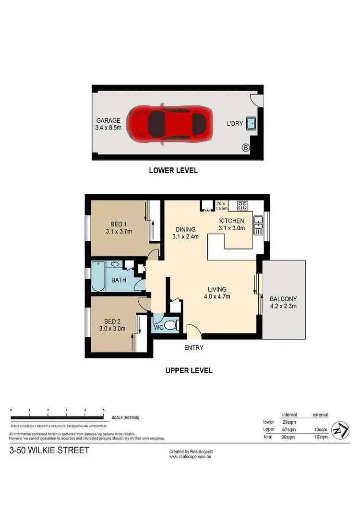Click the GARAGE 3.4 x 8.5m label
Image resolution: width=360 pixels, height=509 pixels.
click(x=110, y=124)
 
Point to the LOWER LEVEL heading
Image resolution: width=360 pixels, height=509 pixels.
click(x=173, y=170)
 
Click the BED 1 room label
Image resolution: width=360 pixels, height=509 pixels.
click(x=118, y=228)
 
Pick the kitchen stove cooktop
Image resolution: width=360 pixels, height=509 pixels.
click(x=242, y=206)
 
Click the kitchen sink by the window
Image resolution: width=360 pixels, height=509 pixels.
click(x=258, y=225)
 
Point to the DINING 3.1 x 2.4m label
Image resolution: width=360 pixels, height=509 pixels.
click(x=185, y=233)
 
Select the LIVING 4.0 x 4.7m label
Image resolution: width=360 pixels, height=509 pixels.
click(x=216, y=293)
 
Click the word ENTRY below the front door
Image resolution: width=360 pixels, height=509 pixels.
click(x=193, y=348)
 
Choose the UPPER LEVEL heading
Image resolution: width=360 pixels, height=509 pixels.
click(x=189, y=370)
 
